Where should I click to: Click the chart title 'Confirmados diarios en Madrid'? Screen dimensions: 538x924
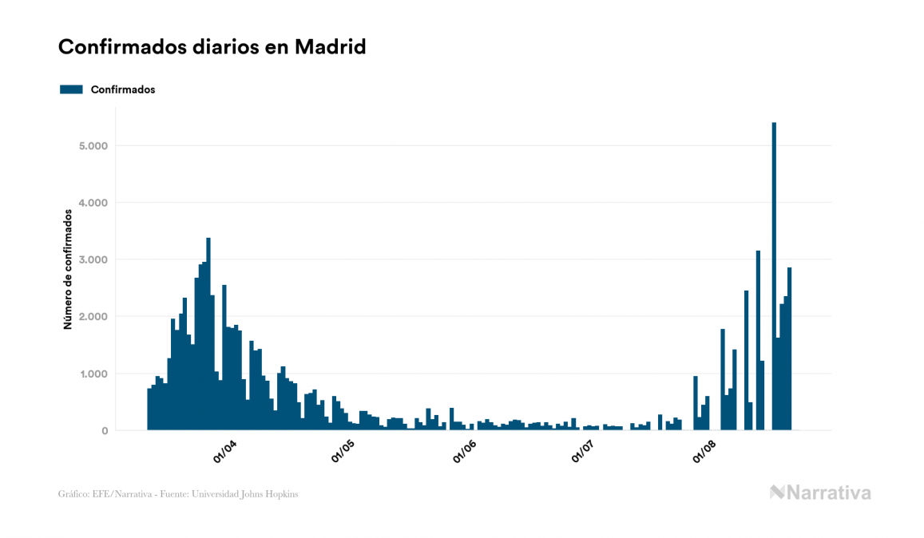[x=212, y=47]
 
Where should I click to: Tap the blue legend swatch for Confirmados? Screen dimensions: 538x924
[x=71, y=89]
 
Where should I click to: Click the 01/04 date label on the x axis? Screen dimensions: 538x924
[x=224, y=452]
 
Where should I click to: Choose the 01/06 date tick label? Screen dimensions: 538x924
[x=464, y=452]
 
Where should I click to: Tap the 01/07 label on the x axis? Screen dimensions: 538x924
[x=584, y=452]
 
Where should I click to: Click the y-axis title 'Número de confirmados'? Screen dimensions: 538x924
[x=69, y=269]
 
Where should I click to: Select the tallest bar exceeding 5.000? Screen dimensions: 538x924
[x=774, y=276]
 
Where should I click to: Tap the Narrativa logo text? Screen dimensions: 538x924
[x=828, y=493]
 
